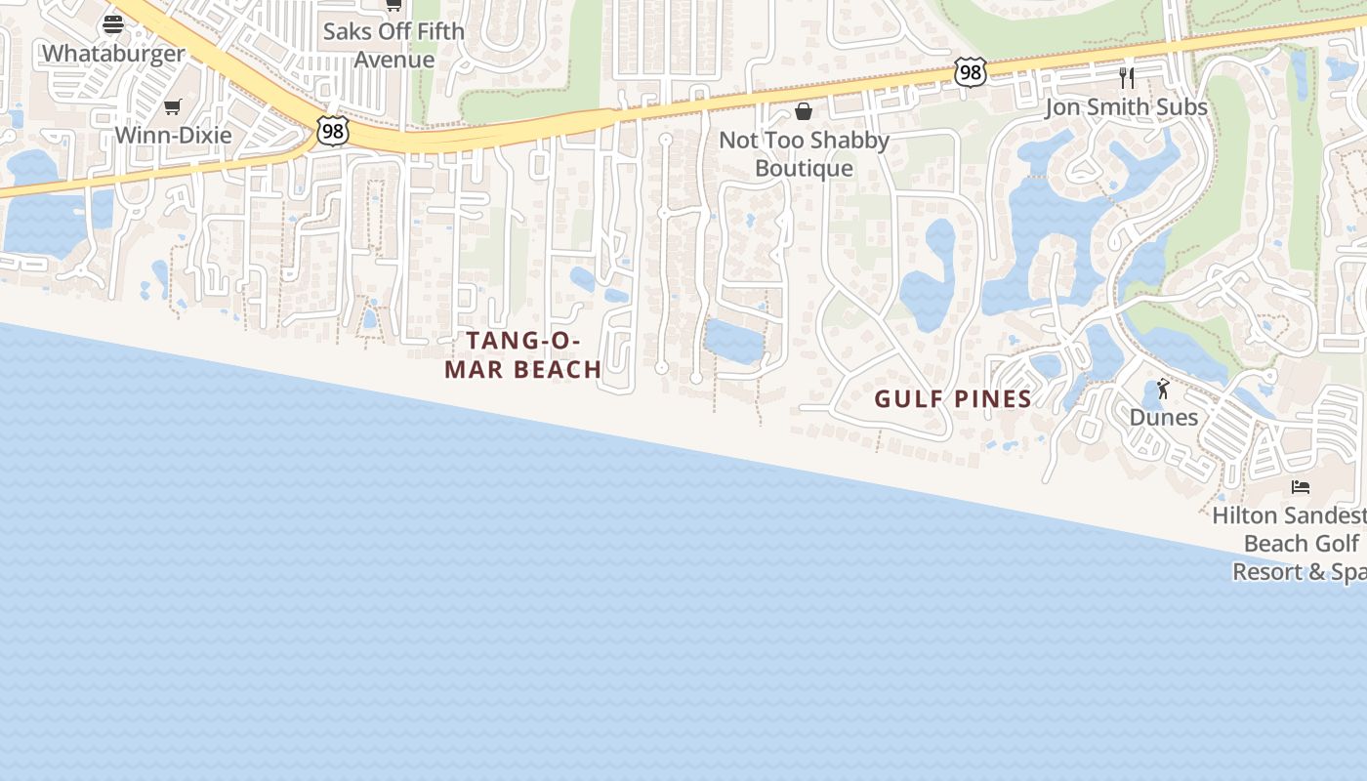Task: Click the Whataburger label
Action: coord(113,54)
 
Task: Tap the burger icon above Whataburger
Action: coord(113,23)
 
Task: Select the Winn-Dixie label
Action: coord(173,135)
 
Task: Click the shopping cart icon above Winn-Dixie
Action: coord(173,106)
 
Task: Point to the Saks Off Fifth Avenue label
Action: coord(394,45)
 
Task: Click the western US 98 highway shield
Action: coord(332,130)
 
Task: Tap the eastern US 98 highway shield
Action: coord(970,72)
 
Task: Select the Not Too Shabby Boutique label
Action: coord(804,154)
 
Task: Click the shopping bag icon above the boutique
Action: coord(804,111)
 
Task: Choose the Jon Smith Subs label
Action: coord(1126,107)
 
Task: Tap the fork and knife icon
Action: coord(1127,77)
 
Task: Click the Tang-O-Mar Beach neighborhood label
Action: coord(523,355)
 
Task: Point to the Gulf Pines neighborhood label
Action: coord(953,398)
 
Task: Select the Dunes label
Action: coord(1163,418)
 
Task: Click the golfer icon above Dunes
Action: coord(1163,390)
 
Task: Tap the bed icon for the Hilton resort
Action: coord(1300,486)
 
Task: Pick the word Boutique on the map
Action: coord(804,169)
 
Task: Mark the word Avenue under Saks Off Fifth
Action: coord(394,60)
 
